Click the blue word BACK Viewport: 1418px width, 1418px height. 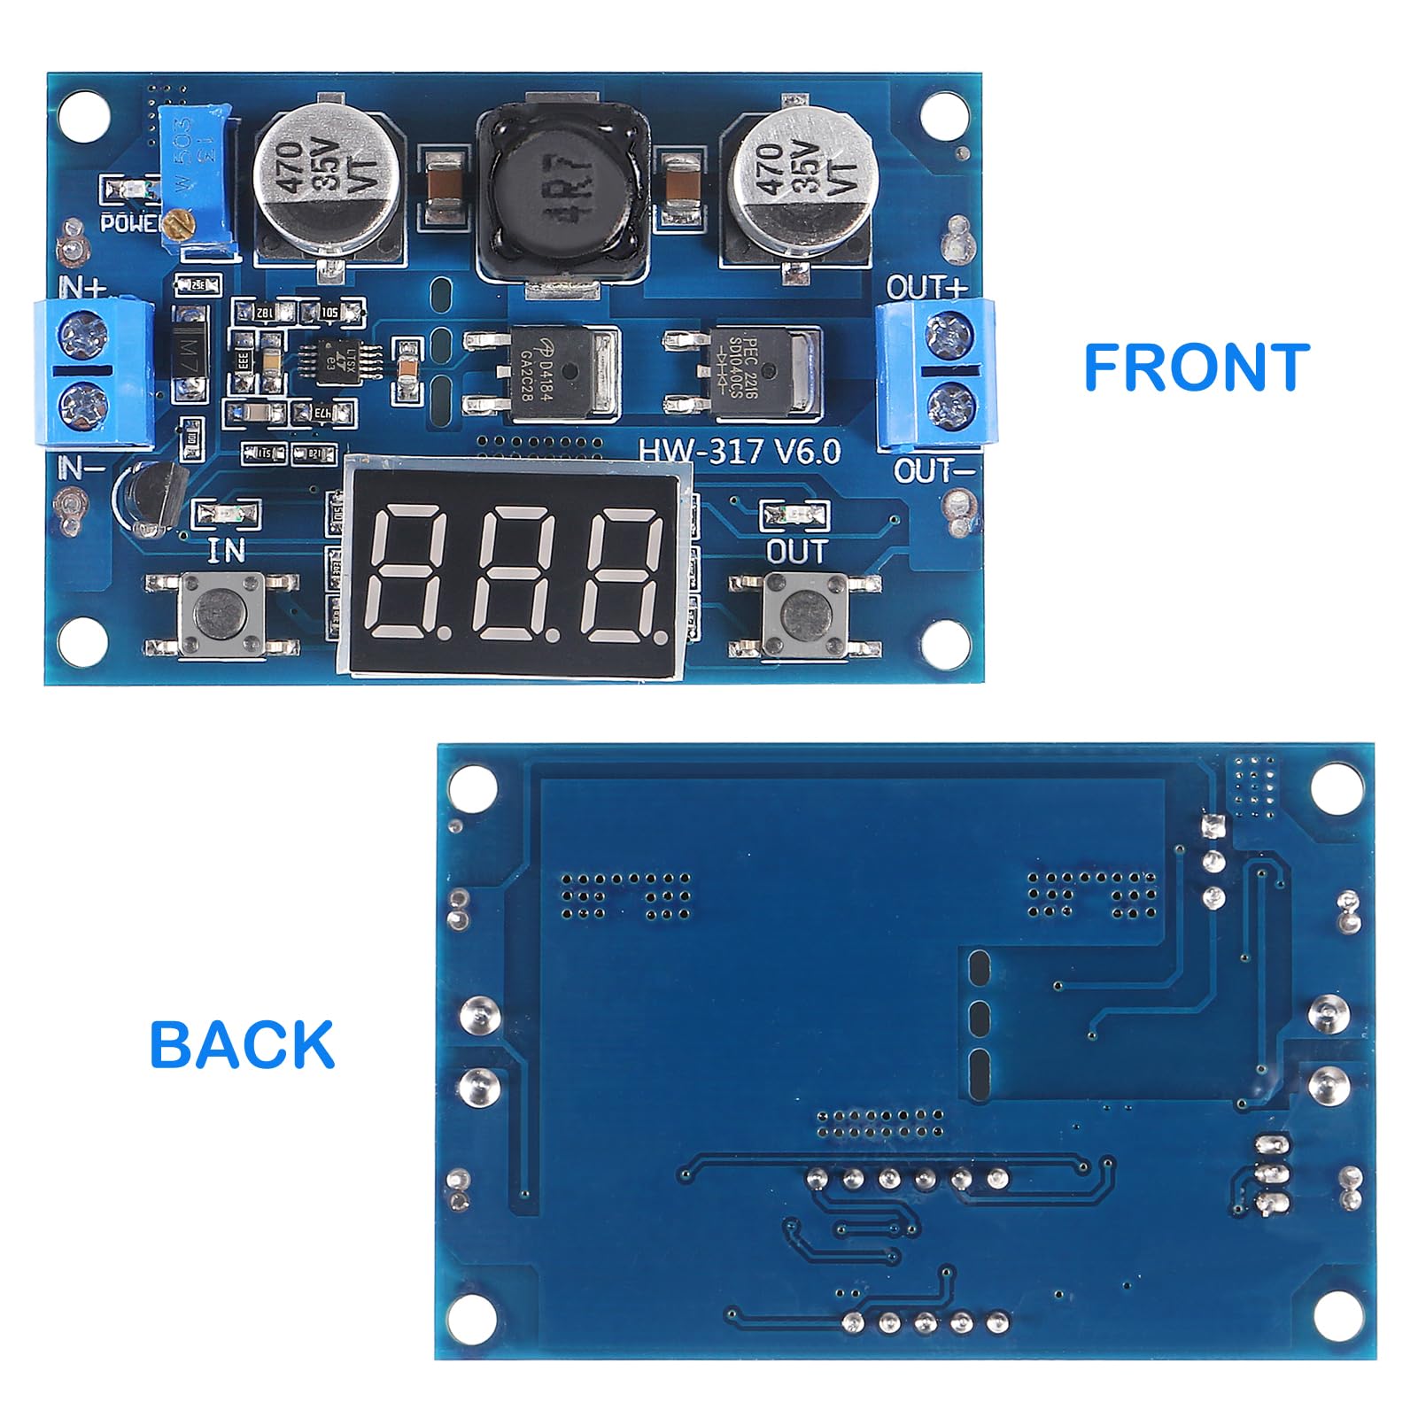242,1044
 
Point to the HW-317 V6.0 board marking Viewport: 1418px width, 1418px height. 740,452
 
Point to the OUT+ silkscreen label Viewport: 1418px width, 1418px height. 926,288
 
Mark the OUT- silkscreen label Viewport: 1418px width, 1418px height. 934,470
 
